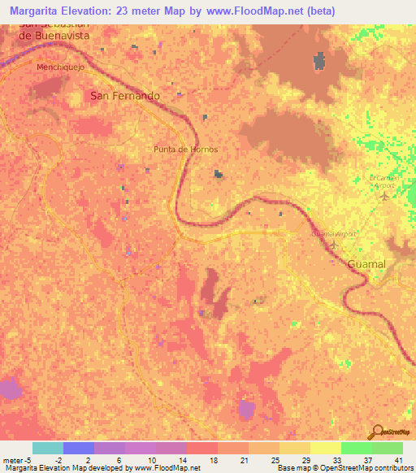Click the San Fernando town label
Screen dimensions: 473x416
[124, 95]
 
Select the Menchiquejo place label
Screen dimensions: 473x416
[60, 67]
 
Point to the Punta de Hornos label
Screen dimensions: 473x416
[185, 150]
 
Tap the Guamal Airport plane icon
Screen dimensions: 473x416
[332, 244]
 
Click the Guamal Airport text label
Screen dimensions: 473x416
[333, 234]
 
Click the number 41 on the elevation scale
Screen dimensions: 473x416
[397, 458]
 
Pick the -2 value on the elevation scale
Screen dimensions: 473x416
[70, 458]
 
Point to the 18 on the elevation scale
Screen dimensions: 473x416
[211, 458]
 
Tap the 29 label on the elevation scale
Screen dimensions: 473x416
[305, 458]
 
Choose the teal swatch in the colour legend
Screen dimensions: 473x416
[47, 448]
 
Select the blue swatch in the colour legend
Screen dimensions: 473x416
[78, 448]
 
